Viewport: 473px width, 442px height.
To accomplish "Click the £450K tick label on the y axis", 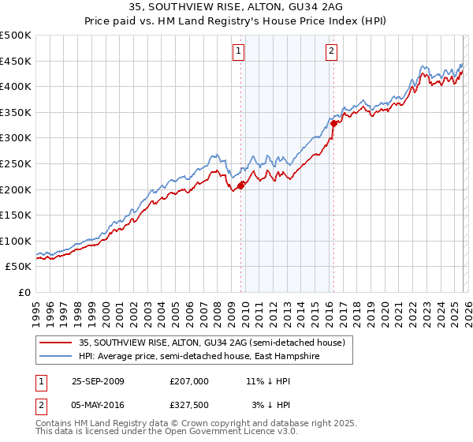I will (16, 61).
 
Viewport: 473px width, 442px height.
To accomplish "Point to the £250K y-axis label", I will (16, 163).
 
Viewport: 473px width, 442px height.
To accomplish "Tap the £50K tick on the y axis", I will (19, 267).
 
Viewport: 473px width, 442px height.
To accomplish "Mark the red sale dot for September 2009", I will (241, 185).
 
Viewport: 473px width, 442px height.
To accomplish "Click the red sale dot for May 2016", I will (333, 123).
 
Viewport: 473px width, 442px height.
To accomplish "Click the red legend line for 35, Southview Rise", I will (57, 343).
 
